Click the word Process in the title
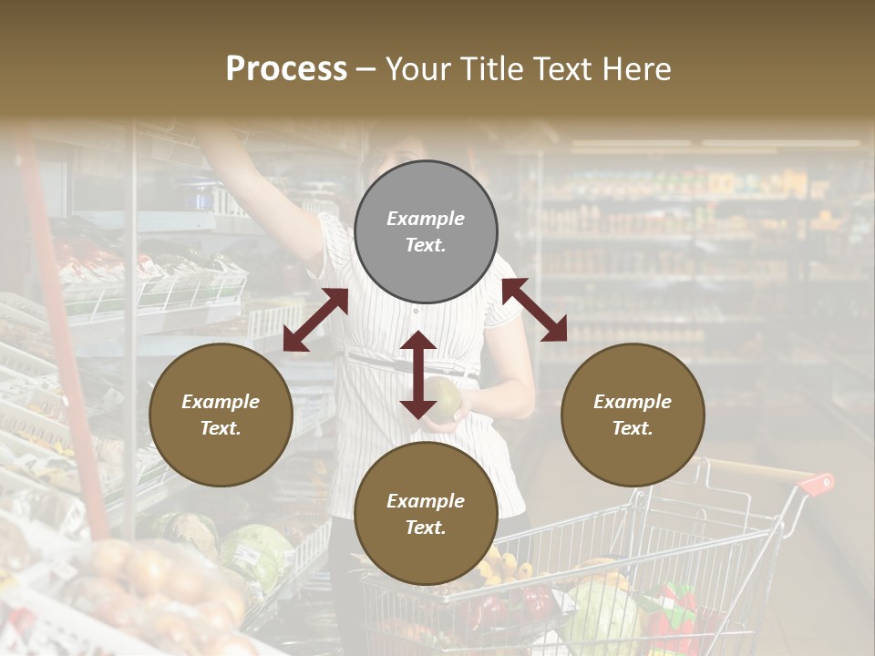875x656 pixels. click(x=286, y=69)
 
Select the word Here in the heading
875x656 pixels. click(x=633, y=69)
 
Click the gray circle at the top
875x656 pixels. click(x=426, y=232)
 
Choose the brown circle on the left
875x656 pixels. click(x=221, y=415)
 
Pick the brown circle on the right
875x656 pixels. click(x=633, y=415)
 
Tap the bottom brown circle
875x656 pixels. click(x=426, y=514)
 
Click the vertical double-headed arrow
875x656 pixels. click(x=418, y=374)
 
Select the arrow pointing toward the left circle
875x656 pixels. click(x=315, y=320)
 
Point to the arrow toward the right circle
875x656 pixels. click(x=534, y=310)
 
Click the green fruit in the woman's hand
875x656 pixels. click(x=444, y=399)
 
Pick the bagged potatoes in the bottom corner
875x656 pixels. click(x=155, y=583)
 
